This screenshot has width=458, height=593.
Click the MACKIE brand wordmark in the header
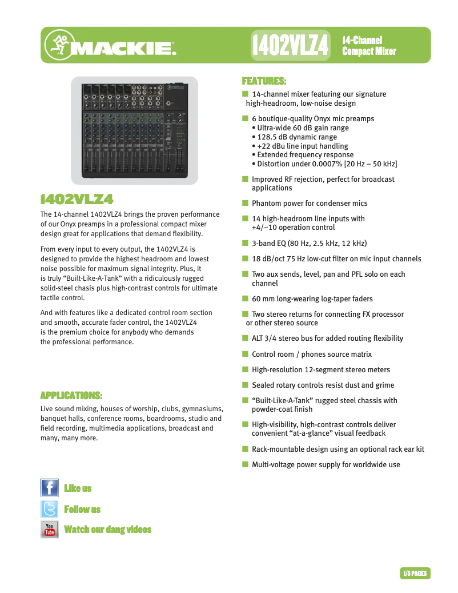tap(124, 49)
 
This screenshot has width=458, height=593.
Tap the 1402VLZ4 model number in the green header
tap(291, 46)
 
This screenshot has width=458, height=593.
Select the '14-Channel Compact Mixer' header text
tap(369, 46)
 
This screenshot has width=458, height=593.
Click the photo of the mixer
tap(134, 130)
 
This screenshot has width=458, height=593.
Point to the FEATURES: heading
tap(264, 81)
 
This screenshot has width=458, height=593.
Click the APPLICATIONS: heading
tap(71, 395)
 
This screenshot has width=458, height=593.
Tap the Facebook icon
tap(50, 488)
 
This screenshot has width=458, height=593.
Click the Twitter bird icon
tap(50, 509)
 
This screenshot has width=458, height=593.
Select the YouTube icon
tap(50, 530)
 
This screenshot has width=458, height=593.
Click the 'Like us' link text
tap(78, 488)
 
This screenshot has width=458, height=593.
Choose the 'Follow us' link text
tap(82, 509)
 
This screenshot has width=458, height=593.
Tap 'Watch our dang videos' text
tap(108, 530)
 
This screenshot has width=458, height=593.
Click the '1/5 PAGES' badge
tap(415, 573)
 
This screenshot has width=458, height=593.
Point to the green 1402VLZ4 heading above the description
tap(77, 199)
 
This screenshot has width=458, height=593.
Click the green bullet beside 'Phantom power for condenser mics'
tap(245, 203)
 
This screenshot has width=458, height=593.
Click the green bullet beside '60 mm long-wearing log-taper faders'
tap(245, 299)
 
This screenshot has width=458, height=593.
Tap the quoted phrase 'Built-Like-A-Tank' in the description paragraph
tap(75, 278)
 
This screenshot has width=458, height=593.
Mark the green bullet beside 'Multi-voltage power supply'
tap(245, 464)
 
